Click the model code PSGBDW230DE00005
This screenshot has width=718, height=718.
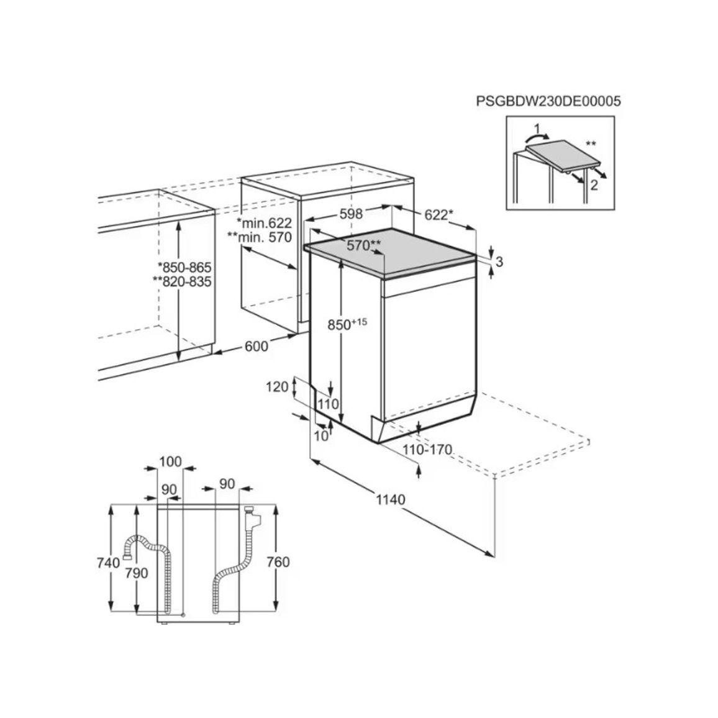[x=548, y=101]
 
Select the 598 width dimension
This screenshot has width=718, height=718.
[x=351, y=214]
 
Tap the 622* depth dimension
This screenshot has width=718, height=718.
[x=439, y=214]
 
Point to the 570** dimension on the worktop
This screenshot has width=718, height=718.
[x=363, y=245]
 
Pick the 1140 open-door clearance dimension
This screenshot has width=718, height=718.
[x=391, y=499]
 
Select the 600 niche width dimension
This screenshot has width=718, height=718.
[x=256, y=346]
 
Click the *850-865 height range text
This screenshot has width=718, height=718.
[x=184, y=268]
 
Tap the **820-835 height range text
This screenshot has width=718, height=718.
[x=182, y=281]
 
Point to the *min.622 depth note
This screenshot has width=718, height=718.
[x=264, y=224]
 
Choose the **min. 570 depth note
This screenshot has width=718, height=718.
[x=259, y=237]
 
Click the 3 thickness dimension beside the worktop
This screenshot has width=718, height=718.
[x=499, y=261]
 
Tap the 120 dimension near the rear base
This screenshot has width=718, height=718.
[x=278, y=387]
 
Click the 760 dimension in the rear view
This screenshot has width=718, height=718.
[x=278, y=561]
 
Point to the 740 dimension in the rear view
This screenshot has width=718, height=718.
[x=108, y=562]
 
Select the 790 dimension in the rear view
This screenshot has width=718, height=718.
[x=137, y=573]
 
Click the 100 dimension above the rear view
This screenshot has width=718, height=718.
[x=170, y=461]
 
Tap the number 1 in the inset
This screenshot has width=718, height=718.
[x=538, y=128]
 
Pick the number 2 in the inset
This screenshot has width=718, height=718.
[x=594, y=186]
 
